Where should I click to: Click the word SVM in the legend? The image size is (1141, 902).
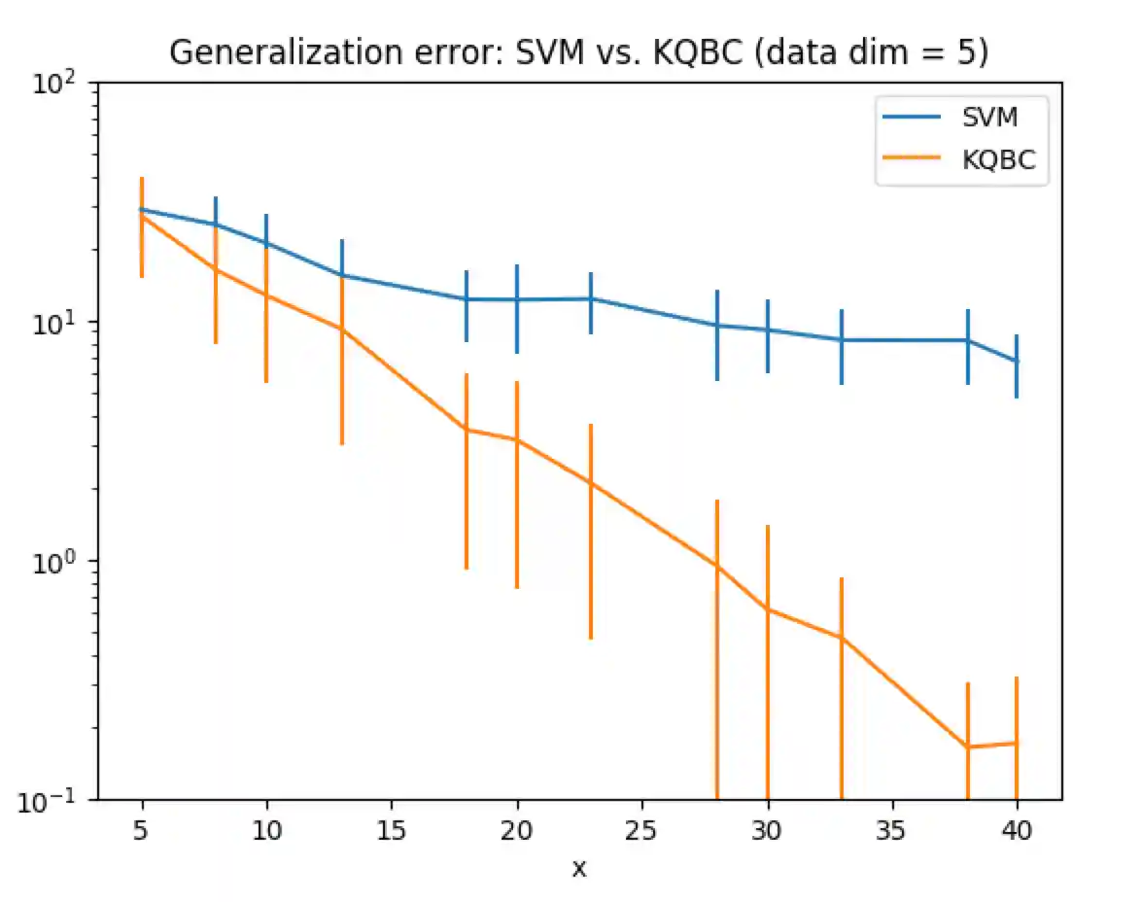click(x=989, y=119)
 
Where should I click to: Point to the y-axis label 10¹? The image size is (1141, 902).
click(x=56, y=323)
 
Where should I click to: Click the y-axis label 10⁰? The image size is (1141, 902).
click(x=56, y=562)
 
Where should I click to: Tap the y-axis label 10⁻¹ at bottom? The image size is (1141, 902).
click(x=52, y=800)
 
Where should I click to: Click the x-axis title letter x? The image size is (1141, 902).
click(x=579, y=868)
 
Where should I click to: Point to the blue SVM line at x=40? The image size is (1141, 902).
click(x=1017, y=361)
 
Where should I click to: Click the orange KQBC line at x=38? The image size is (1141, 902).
click(x=968, y=746)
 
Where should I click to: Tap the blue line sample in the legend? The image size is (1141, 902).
click(x=912, y=119)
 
